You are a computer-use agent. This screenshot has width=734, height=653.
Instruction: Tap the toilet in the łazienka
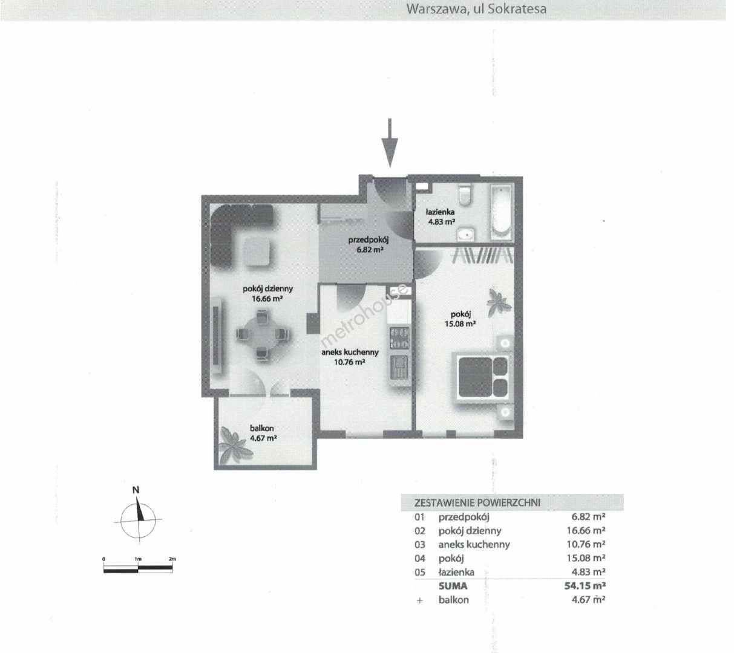click(x=464, y=195)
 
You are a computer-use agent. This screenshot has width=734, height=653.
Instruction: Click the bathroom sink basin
click(x=465, y=234)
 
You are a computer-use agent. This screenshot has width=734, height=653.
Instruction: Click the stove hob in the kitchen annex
click(x=399, y=338)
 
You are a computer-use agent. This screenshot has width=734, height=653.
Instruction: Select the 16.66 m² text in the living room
click(x=267, y=299)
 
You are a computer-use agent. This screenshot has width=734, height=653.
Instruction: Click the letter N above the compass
click(x=136, y=490)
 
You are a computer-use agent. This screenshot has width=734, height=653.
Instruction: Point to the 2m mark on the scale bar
click(x=172, y=559)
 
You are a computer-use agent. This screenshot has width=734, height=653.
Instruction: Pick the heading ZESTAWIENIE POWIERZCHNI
click(x=477, y=502)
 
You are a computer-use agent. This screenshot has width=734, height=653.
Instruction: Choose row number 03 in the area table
click(x=419, y=545)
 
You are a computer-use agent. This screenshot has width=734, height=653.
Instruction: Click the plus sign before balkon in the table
click(x=419, y=600)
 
